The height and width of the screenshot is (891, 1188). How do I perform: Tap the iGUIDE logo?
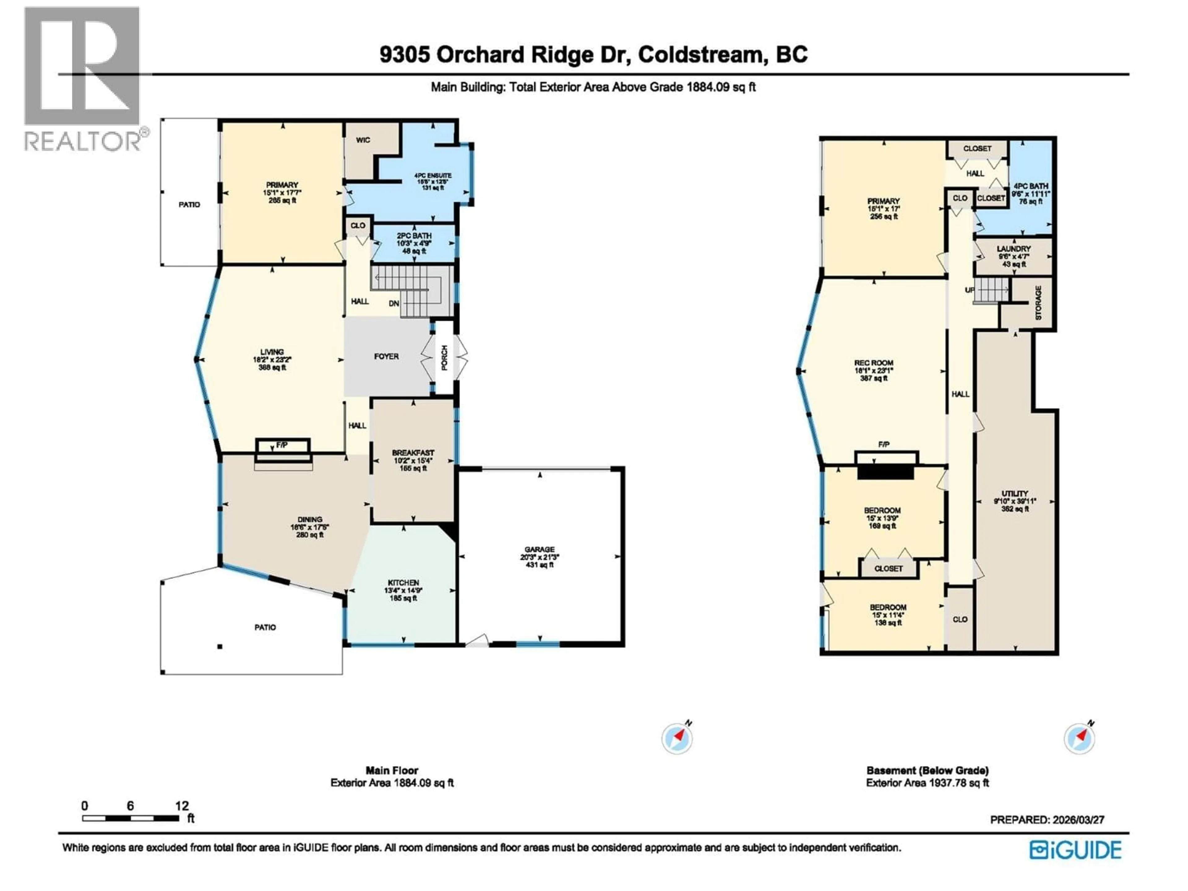[x=1075, y=850]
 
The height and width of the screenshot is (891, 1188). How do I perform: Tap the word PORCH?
[x=444, y=357]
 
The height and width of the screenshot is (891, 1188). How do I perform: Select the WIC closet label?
[x=363, y=140]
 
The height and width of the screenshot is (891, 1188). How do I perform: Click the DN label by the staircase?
[x=394, y=303]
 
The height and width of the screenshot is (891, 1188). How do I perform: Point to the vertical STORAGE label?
[x=1038, y=302]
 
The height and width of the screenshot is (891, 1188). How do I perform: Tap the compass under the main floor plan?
[x=677, y=738]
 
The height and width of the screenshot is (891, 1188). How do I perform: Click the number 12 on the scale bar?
[x=182, y=806]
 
